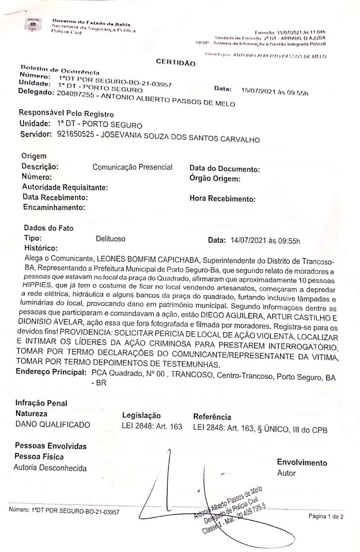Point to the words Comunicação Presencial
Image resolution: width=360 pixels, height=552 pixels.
[x=132, y=167]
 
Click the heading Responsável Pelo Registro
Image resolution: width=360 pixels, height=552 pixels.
[x=66, y=113]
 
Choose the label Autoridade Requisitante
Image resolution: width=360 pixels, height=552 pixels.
[x=65, y=187]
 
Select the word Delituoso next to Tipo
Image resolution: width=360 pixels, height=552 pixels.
[x=110, y=239]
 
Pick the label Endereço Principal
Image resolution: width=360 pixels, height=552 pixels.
[x=51, y=372]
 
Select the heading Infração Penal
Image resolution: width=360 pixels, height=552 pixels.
[x=41, y=403]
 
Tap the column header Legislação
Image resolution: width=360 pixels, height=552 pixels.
[x=142, y=415]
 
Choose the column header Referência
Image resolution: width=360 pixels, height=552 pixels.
[x=212, y=417]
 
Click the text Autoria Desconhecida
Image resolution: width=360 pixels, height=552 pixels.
[x=50, y=468]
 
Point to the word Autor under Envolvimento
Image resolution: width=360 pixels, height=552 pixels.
[x=286, y=473]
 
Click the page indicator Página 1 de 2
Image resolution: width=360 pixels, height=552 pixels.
[x=326, y=517]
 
